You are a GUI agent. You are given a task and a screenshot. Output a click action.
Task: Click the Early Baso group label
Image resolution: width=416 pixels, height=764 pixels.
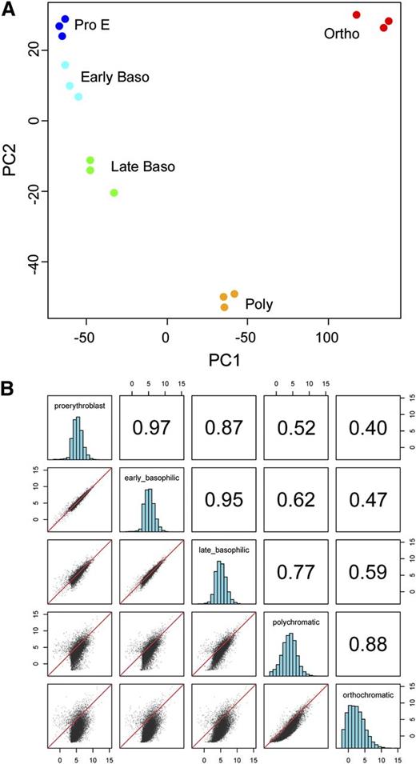pyautogui.click(x=115, y=78)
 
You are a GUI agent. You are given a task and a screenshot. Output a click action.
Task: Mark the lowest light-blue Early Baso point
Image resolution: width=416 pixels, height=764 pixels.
pyautogui.click(x=78, y=97)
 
